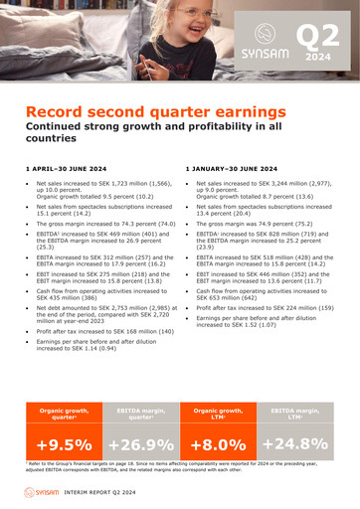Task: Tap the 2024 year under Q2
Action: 319,58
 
